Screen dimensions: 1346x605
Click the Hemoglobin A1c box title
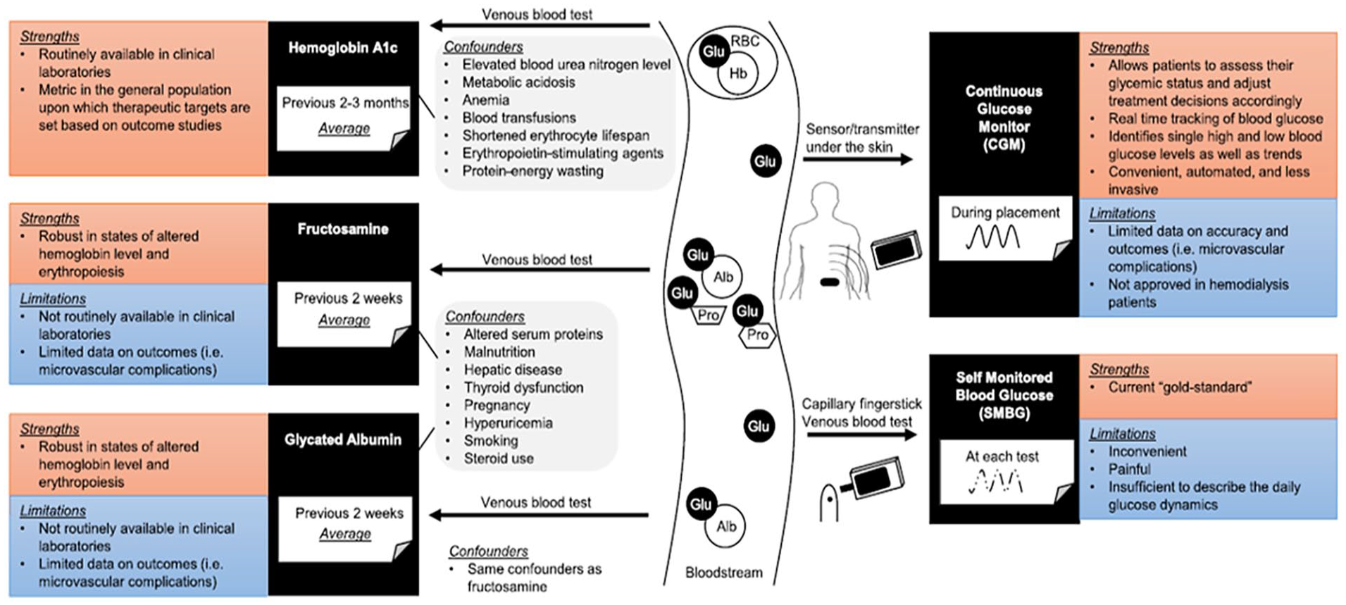point(343,48)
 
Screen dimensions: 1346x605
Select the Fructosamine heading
point(343,229)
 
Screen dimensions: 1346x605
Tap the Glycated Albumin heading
point(343,439)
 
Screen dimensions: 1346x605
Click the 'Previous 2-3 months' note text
point(345,103)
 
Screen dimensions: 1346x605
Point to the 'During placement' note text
point(1005,213)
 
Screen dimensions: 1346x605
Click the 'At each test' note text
point(1002,456)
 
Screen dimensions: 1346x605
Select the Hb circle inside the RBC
point(737,74)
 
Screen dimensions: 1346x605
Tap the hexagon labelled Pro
point(757,335)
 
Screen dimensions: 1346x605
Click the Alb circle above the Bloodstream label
point(726,526)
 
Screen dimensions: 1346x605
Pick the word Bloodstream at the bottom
point(724,573)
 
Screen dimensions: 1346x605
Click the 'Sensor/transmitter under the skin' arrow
point(858,159)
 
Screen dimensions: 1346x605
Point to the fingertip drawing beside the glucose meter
point(829,501)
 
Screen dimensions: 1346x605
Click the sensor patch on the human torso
point(830,282)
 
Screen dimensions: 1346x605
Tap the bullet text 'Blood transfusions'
point(519,118)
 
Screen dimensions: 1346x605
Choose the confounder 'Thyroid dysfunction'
point(523,387)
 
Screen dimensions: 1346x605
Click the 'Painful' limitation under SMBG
point(1129,469)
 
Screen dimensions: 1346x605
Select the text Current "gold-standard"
point(1180,387)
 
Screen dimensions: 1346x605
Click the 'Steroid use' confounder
point(499,459)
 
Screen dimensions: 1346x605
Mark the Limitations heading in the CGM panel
point(1122,213)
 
